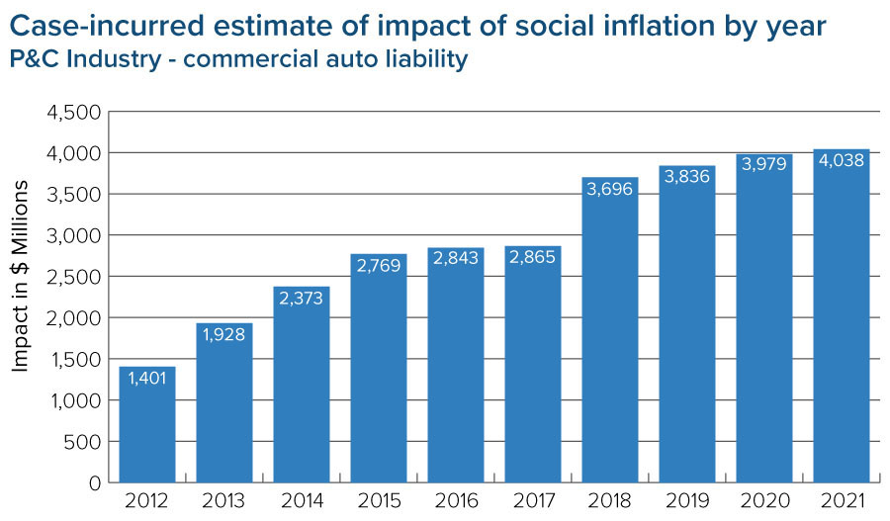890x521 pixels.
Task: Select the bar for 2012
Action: click(x=147, y=425)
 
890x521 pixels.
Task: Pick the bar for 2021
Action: click(x=842, y=316)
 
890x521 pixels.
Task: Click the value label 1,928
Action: click(x=224, y=336)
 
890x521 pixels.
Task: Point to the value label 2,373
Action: click(x=302, y=300)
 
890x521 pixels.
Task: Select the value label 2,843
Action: click(x=456, y=259)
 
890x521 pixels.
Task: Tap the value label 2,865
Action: click(x=533, y=258)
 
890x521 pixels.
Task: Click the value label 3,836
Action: click(x=687, y=178)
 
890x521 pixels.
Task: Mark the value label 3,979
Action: click(x=764, y=163)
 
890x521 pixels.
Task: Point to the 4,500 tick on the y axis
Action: click(x=73, y=112)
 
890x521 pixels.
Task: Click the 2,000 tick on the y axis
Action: click(x=73, y=318)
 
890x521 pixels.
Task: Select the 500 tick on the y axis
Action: click(x=81, y=442)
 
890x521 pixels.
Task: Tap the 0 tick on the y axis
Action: click(x=94, y=483)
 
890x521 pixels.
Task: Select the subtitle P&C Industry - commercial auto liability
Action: click(x=239, y=60)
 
